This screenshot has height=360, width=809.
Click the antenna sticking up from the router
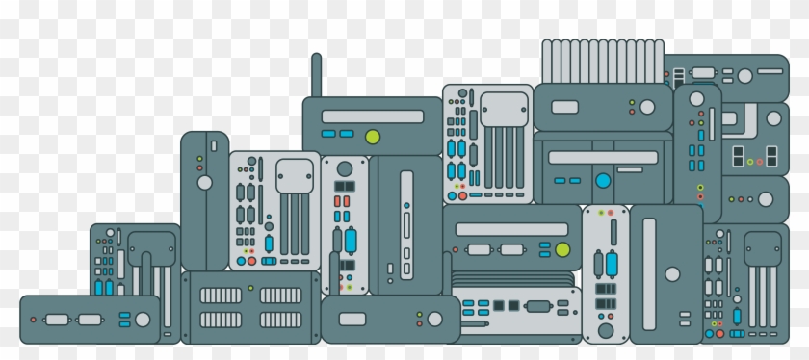pyautogui.click(x=316, y=75)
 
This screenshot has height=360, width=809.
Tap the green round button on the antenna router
pyautogui.click(x=372, y=137)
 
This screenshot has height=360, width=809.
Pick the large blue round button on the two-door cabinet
pyautogui.click(x=603, y=180)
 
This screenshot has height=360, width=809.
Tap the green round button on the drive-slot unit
pyautogui.click(x=562, y=250)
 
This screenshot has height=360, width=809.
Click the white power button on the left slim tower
pyautogui.click(x=204, y=182)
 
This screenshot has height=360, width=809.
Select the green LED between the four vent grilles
pyautogui.click(x=251, y=288)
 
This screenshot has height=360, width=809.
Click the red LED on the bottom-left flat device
pyautogui.click(x=33, y=319)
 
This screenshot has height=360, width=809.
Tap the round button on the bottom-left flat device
pyautogui.click(x=143, y=319)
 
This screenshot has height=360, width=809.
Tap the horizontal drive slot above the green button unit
pyautogui.click(x=511, y=229)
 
